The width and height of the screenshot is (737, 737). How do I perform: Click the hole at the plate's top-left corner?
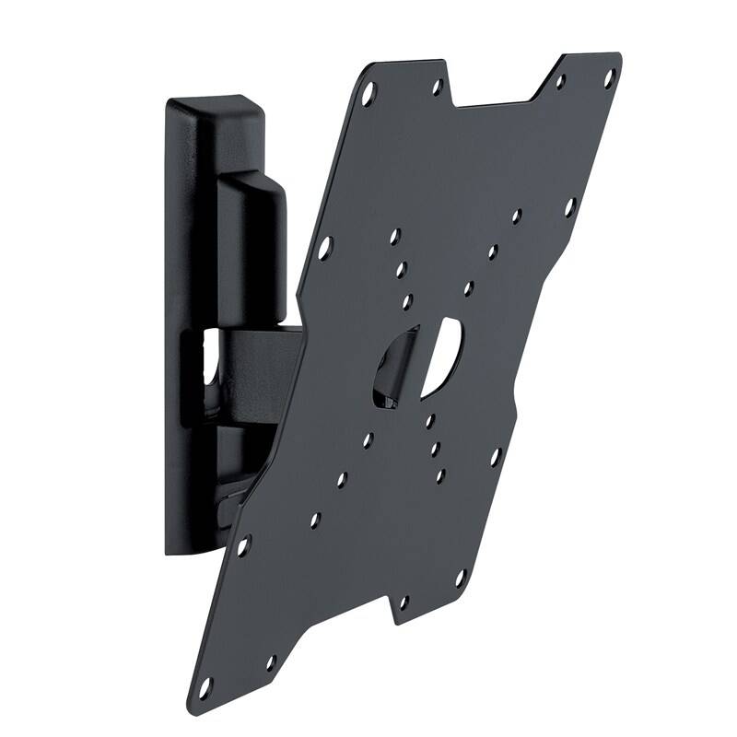coord(369,92)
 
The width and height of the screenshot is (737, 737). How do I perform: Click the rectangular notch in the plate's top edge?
coord(497,88)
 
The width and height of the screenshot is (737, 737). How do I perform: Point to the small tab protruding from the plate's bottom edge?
coord(403,608)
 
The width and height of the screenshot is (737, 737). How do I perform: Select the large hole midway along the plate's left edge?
coord(325,246)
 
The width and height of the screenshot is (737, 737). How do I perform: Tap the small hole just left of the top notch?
coord(439,87)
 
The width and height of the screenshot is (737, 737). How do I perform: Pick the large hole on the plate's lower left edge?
coord(244,546)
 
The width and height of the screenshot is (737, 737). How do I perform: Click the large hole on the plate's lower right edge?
coord(495,455)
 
